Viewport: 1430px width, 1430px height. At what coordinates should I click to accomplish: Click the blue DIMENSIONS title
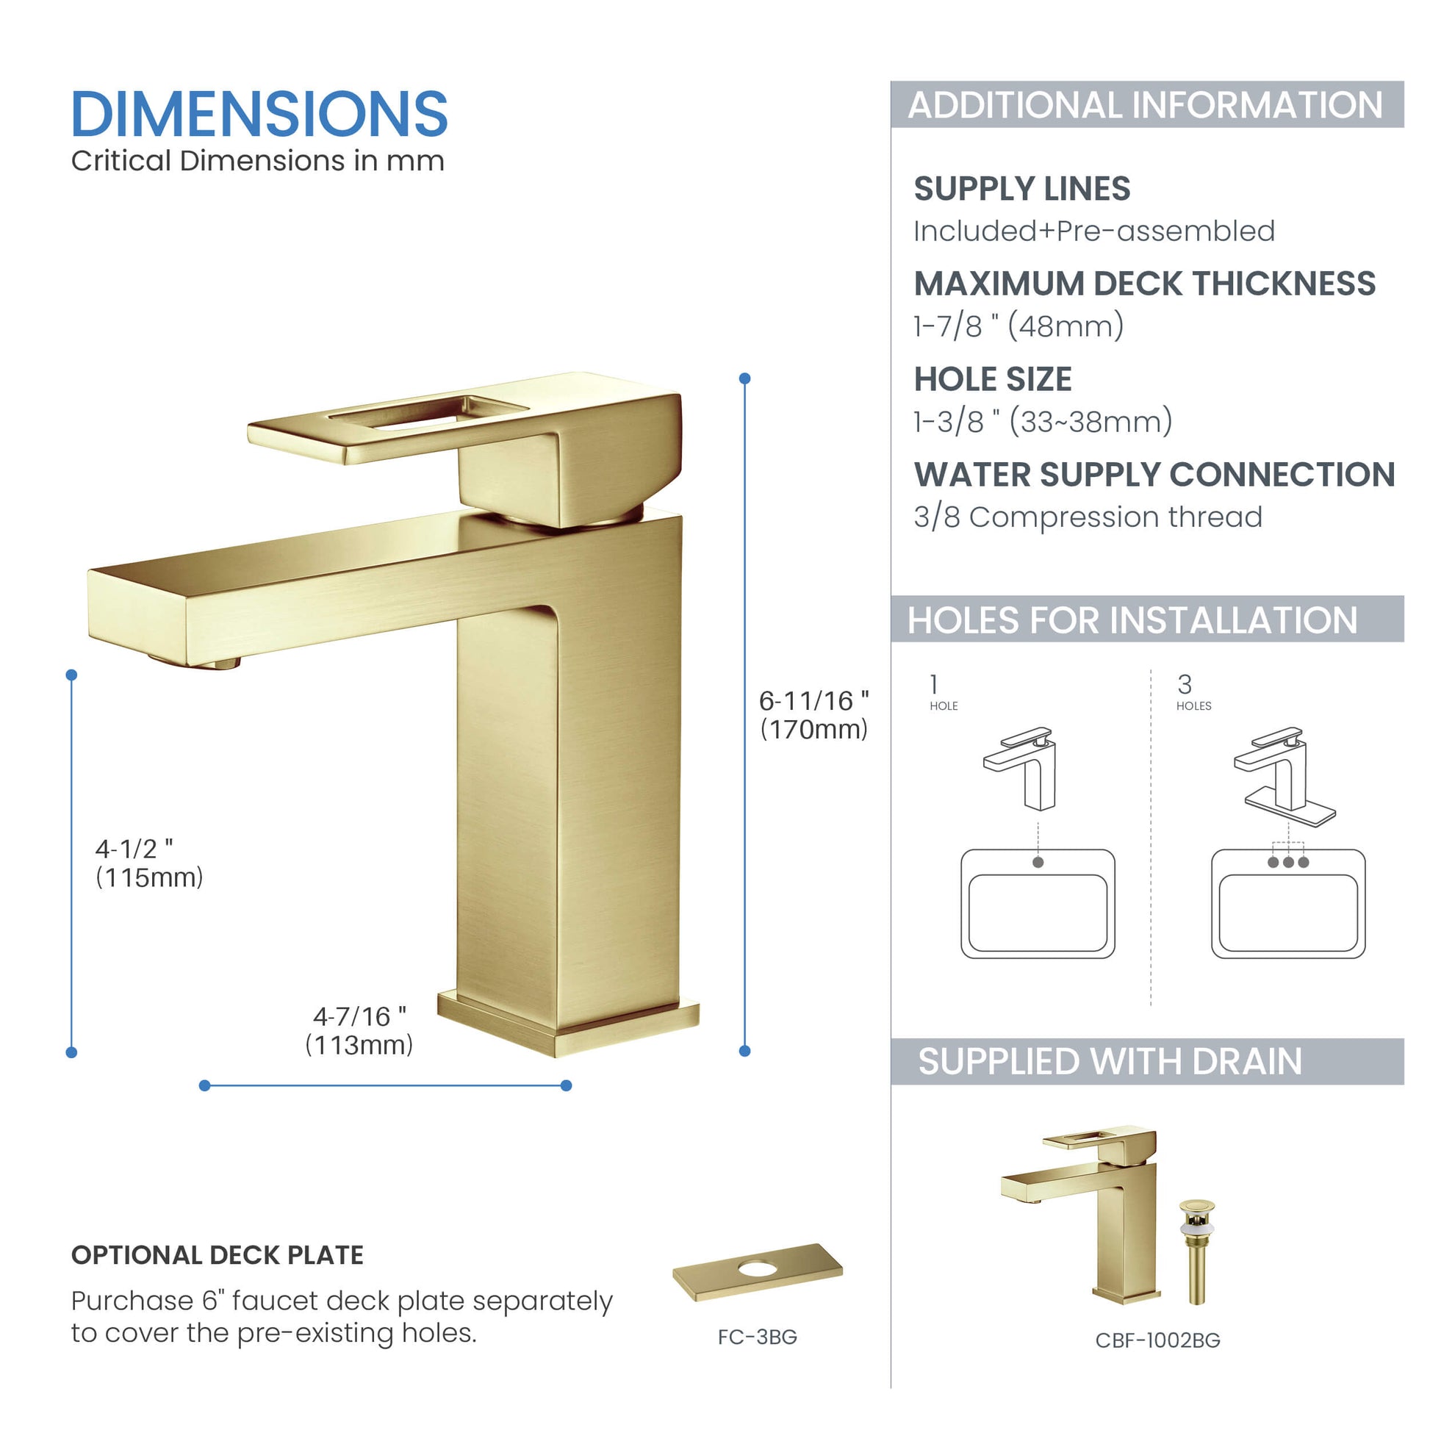(259, 114)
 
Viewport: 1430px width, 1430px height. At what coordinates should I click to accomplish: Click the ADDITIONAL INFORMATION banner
(1146, 104)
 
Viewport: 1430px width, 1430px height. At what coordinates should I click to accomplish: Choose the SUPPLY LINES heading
(1021, 189)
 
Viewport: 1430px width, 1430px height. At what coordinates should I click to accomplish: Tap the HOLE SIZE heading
(993, 379)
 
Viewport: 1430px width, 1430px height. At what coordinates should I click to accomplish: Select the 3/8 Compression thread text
(1088, 517)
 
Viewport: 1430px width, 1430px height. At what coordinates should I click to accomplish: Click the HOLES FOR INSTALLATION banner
(1146, 619)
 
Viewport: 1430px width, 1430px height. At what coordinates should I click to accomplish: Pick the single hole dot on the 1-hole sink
(1038, 862)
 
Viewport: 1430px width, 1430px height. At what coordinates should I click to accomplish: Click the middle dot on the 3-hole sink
(1289, 862)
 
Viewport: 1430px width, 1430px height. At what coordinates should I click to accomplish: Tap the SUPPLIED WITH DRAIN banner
(1146, 1061)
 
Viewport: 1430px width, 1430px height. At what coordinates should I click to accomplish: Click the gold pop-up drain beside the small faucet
(1197, 1251)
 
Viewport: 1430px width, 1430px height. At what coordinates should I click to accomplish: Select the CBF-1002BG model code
(1157, 1340)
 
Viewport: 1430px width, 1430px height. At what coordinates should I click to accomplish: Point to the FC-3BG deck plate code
(757, 1337)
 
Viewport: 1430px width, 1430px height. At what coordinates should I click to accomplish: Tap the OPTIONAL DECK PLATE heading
(217, 1255)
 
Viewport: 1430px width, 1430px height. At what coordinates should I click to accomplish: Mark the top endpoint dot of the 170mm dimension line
(744, 378)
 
